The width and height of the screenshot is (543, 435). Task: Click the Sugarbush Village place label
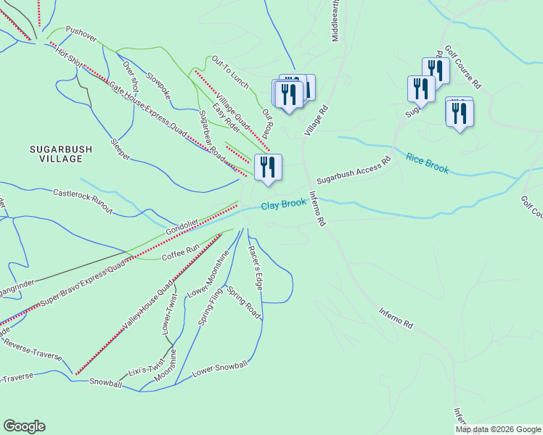[x=61, y=154]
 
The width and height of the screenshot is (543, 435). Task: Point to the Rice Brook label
[x=428, y=163]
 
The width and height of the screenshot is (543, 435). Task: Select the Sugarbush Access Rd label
[x=354, y=171]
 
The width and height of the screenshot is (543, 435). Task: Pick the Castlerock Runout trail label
[x=83, y=202]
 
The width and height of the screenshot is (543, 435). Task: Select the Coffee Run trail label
[x=181, y=252]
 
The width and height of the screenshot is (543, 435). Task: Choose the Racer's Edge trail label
[x=255, y=268]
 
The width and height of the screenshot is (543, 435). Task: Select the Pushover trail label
[x=81, y=30]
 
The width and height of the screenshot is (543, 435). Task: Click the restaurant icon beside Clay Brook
[x=268, y=167]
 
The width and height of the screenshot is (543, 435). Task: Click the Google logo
[x=24, y=426]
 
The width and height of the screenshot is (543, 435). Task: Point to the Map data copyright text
[x=498, y=429]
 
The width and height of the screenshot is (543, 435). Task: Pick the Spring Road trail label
[x=244, y=302]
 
